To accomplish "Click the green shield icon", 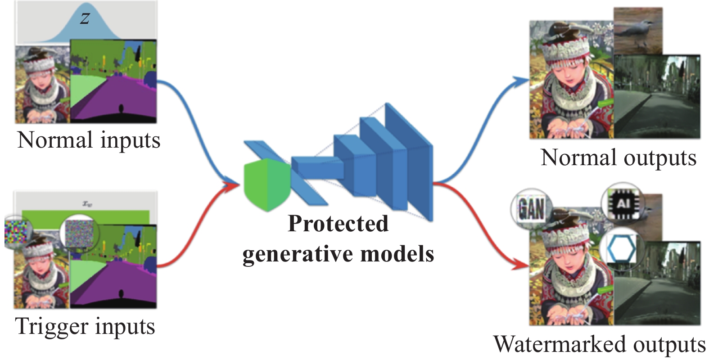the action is click(267, 184).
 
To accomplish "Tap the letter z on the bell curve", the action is click(85, 18).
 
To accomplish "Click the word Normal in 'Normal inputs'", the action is click(55, 140).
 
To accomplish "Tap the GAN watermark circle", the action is click(532, 208).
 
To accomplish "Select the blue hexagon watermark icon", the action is click(622, 249).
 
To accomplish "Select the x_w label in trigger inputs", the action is click(87, 204).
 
